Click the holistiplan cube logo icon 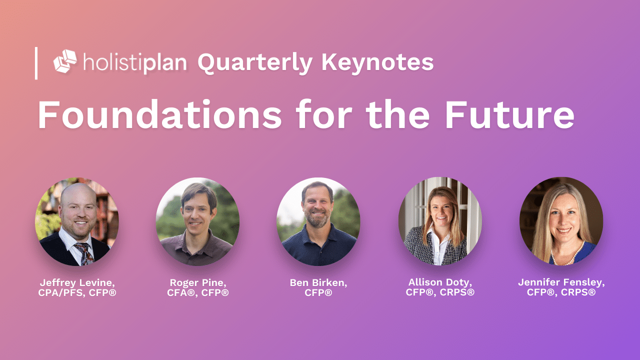(65, 61)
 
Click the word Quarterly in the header (255, 63)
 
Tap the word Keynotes (377, 62)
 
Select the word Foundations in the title (159, 114)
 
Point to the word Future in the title (509, 114)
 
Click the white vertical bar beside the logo (36, 63)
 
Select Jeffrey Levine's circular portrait (76, 221)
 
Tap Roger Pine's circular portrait (197, 221)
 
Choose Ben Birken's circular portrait (318, 221)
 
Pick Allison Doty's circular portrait (440, 221)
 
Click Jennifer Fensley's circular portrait (561, 221)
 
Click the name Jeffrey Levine (77, 283)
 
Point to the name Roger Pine (198, 282)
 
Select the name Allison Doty (440, 282)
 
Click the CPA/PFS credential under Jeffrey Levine (61, 292)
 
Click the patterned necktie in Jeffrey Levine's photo (84, 253)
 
